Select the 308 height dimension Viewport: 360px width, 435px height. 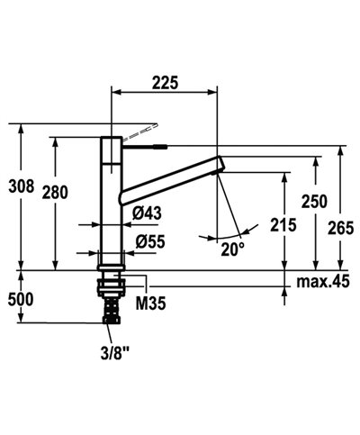[20, 187]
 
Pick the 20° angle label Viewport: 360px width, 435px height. [232, 249]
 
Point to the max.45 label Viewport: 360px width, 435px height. [322, 283]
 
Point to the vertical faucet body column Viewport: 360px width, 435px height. [109, 203]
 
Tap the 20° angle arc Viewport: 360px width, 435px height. [219, 238]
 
